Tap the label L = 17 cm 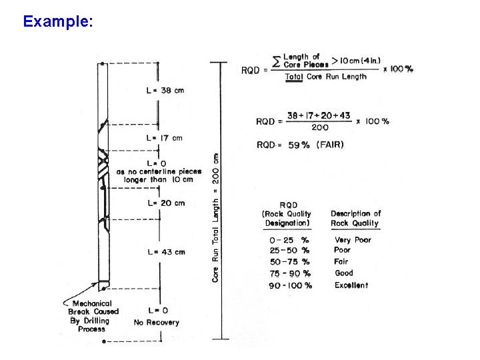point(164,138)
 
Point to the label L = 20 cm point(165,203)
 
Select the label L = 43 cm point(165,252)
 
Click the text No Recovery point(157,323)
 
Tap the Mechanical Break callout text point(93,311)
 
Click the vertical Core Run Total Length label point(216,217)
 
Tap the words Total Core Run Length point(326,77)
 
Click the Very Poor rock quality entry point(353,239)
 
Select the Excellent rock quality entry point(351,285)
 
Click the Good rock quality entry point(344,273)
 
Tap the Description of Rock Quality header point(355,218)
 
